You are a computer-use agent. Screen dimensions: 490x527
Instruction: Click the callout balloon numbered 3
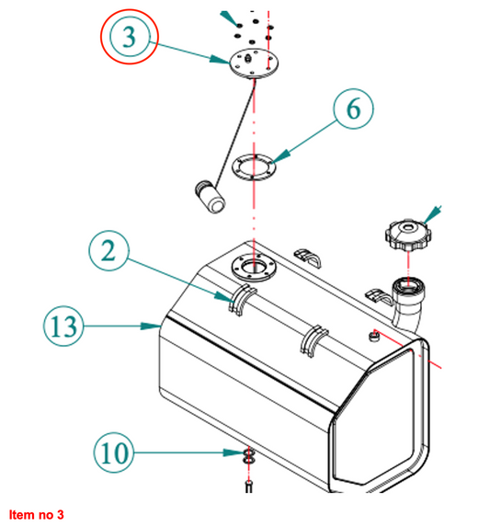(130, 36)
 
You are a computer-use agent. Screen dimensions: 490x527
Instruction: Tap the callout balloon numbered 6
(353, 109)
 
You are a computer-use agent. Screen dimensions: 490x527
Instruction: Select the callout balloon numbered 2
(108, 251)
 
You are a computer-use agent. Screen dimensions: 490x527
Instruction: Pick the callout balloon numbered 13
(63, 326)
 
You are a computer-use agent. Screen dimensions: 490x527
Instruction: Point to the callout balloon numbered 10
(114, 453)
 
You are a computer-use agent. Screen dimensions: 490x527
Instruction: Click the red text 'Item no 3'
(36, 514)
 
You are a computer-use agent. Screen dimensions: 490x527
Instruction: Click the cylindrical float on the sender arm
(210, 197)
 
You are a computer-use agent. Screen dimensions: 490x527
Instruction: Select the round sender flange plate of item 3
(255, 63)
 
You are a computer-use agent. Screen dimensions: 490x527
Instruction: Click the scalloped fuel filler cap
(408, 235)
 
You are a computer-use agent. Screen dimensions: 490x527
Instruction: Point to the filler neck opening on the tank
(409, 286)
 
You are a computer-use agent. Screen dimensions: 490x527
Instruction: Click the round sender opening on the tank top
(255, 268)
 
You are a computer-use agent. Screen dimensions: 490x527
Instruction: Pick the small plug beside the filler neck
(374, 336)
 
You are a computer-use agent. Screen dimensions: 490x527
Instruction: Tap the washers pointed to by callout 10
(248, 455)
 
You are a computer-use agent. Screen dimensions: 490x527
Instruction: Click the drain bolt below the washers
(248, 487)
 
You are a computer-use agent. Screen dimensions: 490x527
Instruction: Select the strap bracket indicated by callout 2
(243, 299)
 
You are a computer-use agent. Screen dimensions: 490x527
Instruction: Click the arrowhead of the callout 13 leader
(151, 326)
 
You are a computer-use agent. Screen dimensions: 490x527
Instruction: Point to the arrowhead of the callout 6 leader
(280, 156)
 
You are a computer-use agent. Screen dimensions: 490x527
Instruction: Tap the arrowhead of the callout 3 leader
(221, 60)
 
